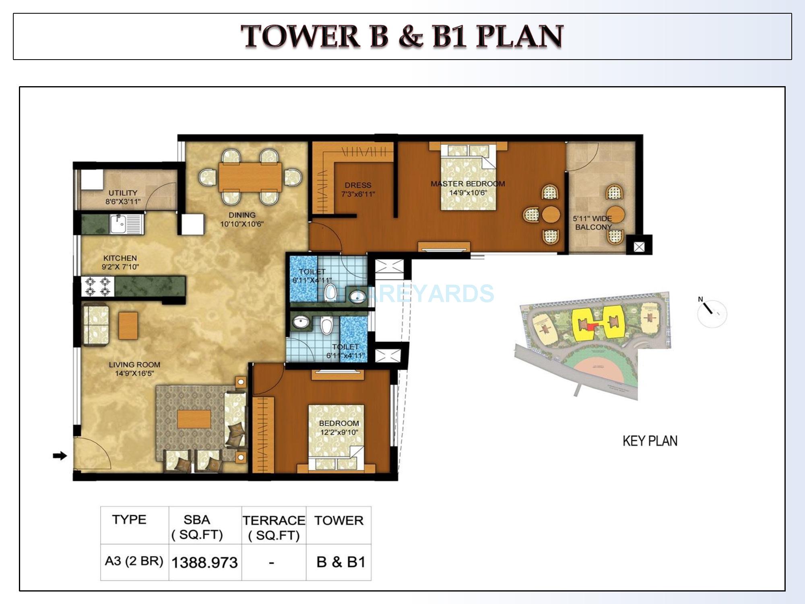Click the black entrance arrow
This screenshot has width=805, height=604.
(60, 456)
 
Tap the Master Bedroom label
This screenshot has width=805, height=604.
(468, 184)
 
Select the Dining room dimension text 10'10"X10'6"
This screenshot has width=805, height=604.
(242, 224)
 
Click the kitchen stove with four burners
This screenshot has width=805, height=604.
(97, 286)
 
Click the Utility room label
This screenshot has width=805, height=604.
(123, 193)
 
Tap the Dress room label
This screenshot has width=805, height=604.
(358, 185)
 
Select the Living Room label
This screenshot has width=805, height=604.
(134, 365)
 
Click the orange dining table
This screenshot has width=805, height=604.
(250, 176)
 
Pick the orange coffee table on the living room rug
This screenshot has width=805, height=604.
(194, 419)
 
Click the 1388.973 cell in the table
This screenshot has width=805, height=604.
(204, 563)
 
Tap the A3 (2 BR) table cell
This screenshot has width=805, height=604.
(134, 561)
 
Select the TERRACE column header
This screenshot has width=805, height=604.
(274, 521)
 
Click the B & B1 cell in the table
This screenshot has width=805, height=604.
(341, 562)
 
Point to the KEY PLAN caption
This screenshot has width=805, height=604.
(650, 441)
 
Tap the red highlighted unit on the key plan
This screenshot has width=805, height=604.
(590, 327)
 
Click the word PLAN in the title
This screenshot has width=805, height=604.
(519, 37)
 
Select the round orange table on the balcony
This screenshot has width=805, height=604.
(615, 215)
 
